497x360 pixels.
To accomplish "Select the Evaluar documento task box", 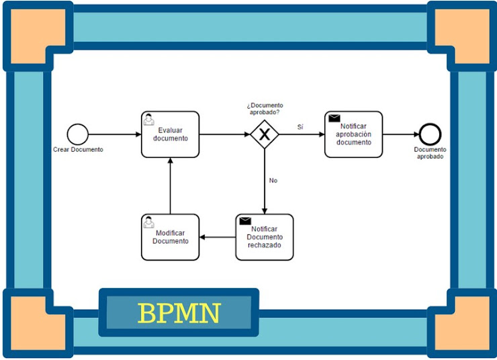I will pos(170,134).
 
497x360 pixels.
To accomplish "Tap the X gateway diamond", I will pos(265,134).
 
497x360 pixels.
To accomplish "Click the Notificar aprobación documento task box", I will pos(353,134).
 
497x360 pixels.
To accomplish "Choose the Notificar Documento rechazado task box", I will pos(265,237).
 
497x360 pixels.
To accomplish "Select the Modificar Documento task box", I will pos(170,237).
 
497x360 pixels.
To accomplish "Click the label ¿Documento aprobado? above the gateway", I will pos(265,109).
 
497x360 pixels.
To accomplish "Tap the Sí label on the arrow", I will pos(300,127).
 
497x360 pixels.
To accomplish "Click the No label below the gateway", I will pos(273,181).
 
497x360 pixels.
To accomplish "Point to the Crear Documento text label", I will pos(78,150).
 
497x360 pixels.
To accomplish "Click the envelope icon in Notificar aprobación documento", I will pos(334,119).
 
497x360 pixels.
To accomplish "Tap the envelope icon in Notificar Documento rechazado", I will pos(245,221).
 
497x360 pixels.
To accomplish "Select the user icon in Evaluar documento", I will pos(149,119).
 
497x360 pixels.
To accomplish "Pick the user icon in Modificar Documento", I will pos(149,222).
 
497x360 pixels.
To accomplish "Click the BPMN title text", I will pos(179,313).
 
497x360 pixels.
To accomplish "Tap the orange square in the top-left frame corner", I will pos(36,35).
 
